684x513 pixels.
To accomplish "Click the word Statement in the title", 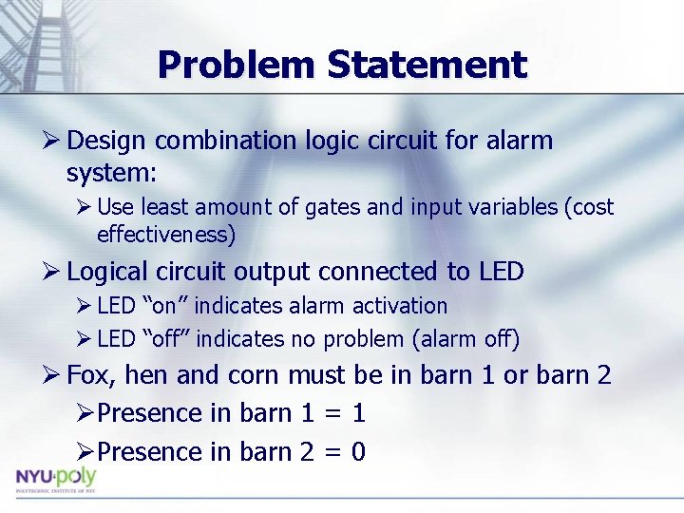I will point(427,65).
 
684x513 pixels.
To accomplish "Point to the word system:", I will point(112,174).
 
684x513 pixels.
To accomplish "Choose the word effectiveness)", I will point(166,234).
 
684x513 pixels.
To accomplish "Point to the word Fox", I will point(92,375).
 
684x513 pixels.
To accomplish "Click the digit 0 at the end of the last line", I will point(358,452).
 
